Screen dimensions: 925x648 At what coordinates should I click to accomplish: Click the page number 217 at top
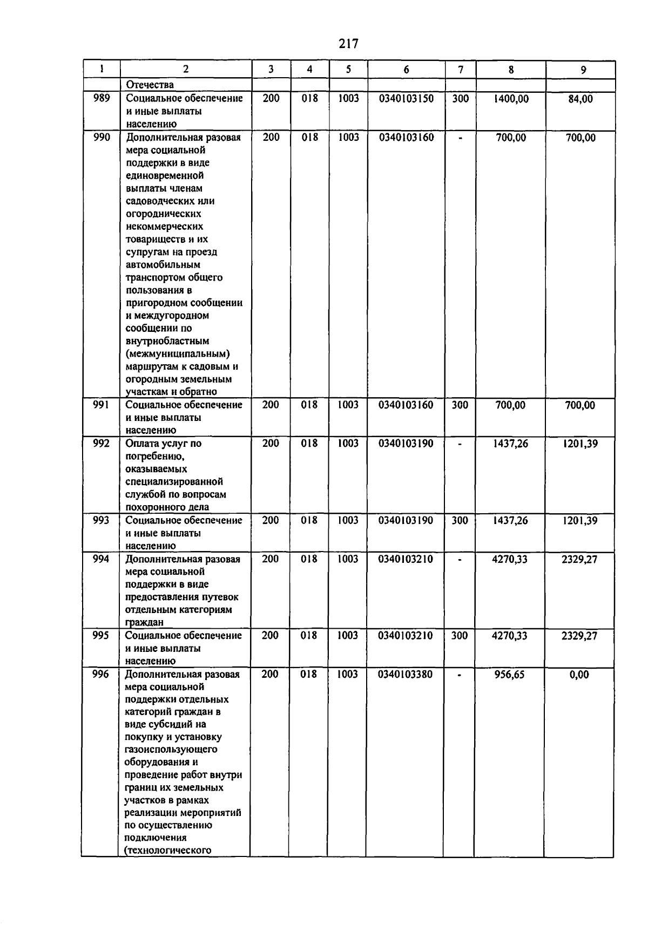click(349, 44)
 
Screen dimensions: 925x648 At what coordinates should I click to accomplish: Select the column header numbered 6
click(406, 69)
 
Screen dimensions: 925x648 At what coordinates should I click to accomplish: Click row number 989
click(102, 98)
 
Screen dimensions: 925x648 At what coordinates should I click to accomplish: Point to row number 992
click(101, 444)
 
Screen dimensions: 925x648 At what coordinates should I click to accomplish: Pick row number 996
click(100, 674)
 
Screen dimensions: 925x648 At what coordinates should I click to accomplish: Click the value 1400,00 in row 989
click(511, 99)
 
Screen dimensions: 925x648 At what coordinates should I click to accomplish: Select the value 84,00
click(580, 99)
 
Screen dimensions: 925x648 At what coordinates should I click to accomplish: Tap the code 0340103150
click(406, 99)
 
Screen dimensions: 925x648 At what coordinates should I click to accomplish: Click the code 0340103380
click(405, 674)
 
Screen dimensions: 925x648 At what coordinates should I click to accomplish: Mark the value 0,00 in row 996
click(579, 675)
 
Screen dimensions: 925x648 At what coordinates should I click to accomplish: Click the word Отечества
click(150, 85)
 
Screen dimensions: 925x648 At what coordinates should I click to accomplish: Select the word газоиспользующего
click(171, 750)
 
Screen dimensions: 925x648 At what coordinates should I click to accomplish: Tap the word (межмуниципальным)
click(178, 354)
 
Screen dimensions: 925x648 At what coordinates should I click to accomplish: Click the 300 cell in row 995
click(459, 636)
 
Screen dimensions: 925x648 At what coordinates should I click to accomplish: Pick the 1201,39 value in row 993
click(579, 521)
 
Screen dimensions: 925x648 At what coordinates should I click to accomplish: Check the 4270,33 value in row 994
click(510, 559)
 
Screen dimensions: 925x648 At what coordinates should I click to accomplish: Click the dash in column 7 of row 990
click(460, 138)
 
